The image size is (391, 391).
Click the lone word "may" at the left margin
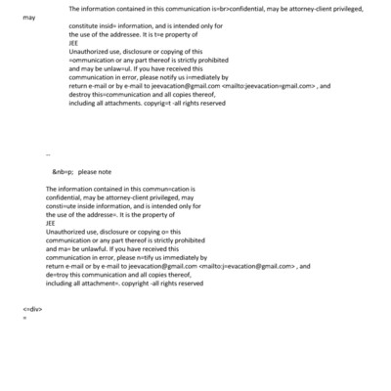pos(28,18)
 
